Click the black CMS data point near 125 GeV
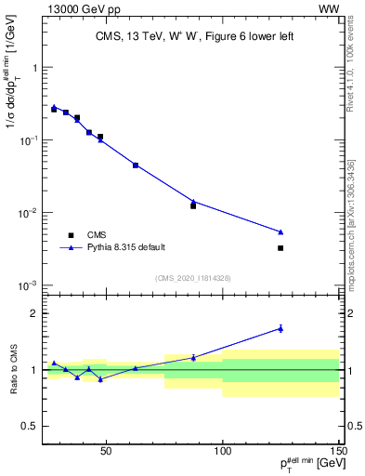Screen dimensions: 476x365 280,248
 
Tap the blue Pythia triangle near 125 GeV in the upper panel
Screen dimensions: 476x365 280,231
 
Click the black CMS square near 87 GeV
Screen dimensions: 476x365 193,205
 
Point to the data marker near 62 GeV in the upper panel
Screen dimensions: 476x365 136,165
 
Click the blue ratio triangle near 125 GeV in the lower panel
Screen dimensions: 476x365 280,328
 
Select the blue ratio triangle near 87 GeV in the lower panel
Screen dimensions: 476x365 193,357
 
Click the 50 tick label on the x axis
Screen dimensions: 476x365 106,451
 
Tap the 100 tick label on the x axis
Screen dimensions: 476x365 223,451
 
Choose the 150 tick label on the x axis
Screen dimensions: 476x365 339,451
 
